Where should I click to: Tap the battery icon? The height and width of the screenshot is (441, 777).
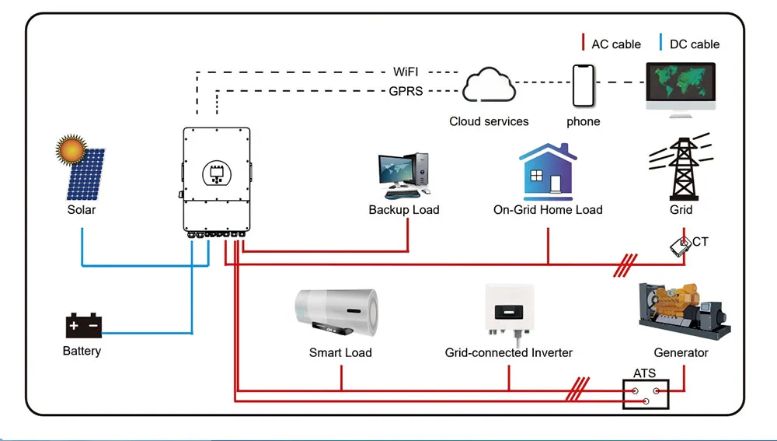pyautogui.click(x=83, y=325)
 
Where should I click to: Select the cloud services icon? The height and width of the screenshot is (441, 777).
pyautogui.click(x=489, y=86)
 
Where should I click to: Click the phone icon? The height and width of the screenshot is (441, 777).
pyautogui.click(x=584, y=86)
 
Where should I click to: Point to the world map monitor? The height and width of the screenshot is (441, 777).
pyautogui.click(x=681, y=87)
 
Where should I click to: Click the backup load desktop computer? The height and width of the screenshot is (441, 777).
pyautogui.click(x=404, y=175)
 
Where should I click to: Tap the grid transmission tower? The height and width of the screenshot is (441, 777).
pyautogui.click(x=681, y=166)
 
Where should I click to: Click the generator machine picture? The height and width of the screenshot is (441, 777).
pyautogui.click(x=682, y=310)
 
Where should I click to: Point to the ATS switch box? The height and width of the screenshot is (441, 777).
pyautogui.click(x=646, y=394)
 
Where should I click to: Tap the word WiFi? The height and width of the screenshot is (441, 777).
pyautogui.click(x=406, y=72)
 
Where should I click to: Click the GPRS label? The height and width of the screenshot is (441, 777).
pyautogui.click(x=406, y=91)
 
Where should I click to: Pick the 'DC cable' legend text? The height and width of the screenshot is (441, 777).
pyautogui.click(x=694, y=44)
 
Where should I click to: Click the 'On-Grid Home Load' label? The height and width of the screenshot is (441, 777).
pyautogui.click(x=548, y=209)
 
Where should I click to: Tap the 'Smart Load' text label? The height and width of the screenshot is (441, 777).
pyautogui.click(x=340, y=352)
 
